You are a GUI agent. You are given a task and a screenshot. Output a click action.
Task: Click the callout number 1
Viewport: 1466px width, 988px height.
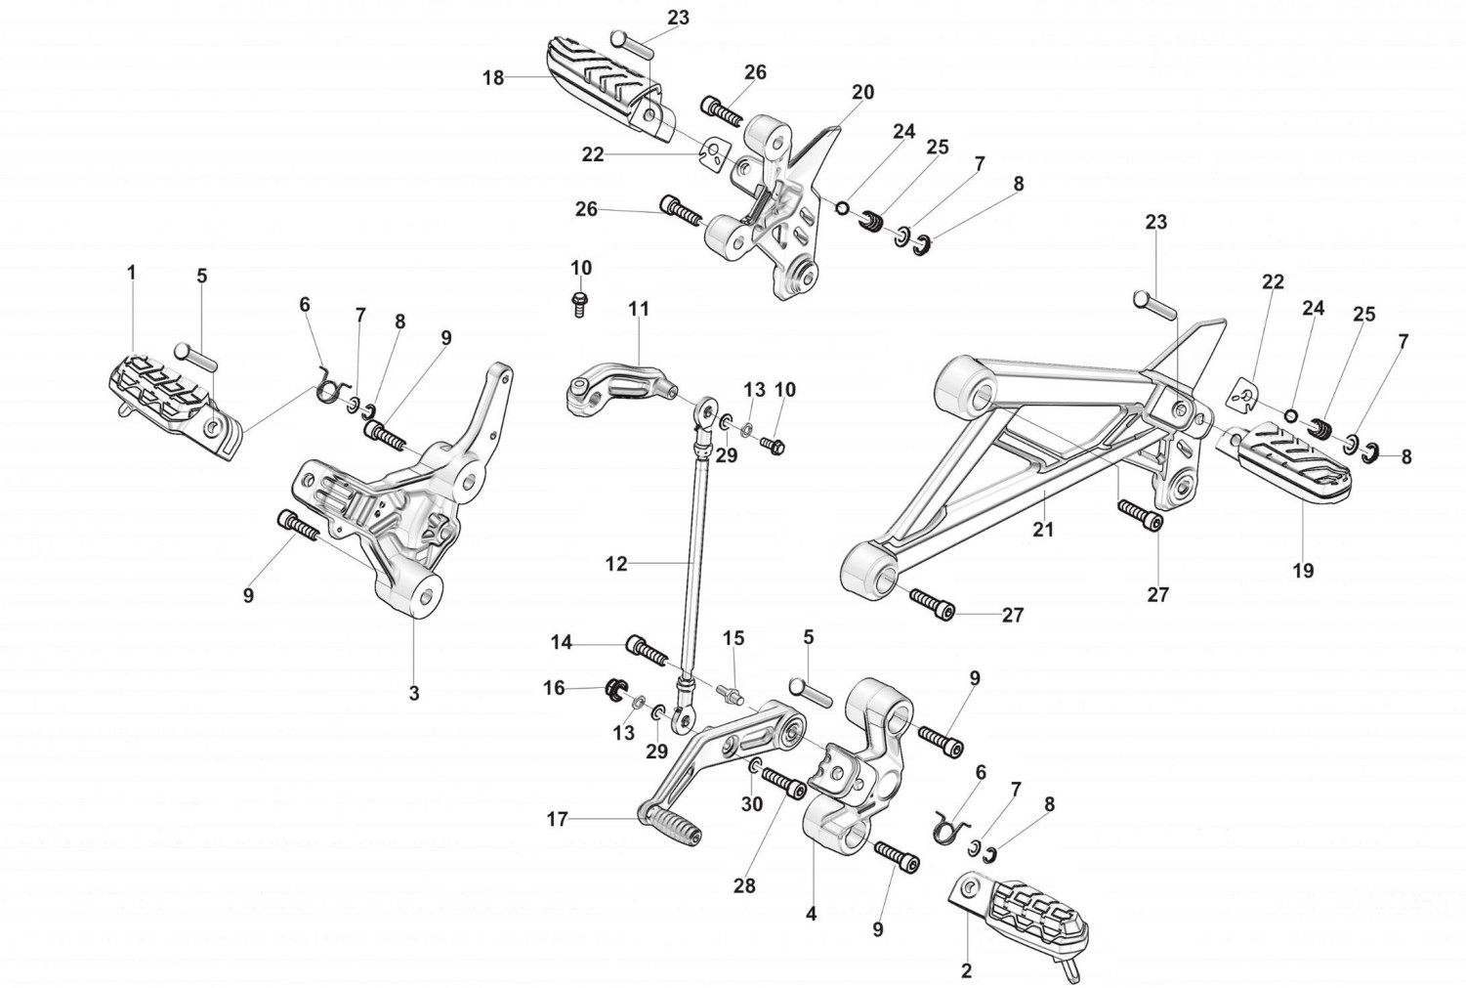(x=132, y=273)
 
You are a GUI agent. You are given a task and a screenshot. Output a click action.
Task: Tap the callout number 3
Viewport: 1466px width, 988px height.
(x=414, y=693)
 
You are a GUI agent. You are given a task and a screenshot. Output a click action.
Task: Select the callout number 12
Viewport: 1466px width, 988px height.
(x=616, y=564)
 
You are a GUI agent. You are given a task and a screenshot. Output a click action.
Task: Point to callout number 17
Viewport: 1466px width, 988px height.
(x=557, y=820)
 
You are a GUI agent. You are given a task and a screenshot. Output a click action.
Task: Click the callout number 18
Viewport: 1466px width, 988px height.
(x=493, y=78)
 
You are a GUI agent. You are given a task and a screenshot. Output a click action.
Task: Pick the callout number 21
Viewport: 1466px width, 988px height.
(x=1044, y=529)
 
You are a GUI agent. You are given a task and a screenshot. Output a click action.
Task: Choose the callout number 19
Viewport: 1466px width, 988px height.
(x=1303, y=570)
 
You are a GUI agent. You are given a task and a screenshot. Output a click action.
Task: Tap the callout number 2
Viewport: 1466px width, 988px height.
(x=966, y=970)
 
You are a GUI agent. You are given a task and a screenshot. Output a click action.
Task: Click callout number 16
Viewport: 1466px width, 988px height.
(x=554, y=688)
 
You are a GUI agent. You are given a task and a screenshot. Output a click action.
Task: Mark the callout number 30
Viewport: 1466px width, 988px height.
(x=751, y=804)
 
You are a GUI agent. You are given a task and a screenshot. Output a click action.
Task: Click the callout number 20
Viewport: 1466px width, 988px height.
(x=862, y=93)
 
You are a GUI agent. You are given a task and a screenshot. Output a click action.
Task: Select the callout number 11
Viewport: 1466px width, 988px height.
(x=638, y=310)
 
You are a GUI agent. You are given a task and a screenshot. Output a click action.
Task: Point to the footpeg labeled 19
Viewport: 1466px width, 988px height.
(x=1290, y=459)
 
